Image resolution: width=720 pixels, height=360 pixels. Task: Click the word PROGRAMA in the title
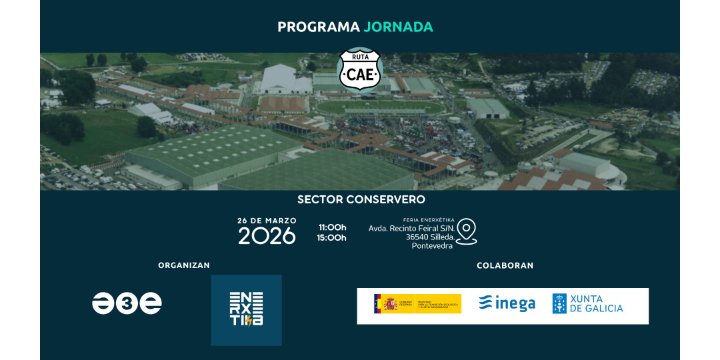[x=318, y=26]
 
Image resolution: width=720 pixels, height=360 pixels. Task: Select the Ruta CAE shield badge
[x=359, y=69]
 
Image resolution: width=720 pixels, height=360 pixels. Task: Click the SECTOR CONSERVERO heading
[x=361, y=199]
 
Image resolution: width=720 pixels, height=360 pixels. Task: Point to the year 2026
[x=266, y=236]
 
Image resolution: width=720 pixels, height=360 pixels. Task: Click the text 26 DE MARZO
[x=266, y=220]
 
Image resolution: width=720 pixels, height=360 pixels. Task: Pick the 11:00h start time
[x=332, y=227]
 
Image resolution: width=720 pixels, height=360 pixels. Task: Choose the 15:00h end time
[x=332, y=238]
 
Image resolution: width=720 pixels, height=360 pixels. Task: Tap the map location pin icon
[x=466, y=232]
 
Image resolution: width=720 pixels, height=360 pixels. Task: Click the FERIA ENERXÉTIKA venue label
[x=429, y=220]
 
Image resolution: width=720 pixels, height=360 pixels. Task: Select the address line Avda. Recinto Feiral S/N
[x=411, y=228]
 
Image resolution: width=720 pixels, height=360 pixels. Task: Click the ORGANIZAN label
[x=184, y=265]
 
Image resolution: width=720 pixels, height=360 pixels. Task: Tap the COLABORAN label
[x=505, y=265]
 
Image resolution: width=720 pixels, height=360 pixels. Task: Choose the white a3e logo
[x=127, y=303]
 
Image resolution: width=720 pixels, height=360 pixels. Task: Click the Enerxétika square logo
[x=246, y=308]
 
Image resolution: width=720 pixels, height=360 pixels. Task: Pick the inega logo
[x=507, y=304]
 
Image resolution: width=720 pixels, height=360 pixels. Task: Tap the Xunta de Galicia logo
[x=588, y=304]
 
